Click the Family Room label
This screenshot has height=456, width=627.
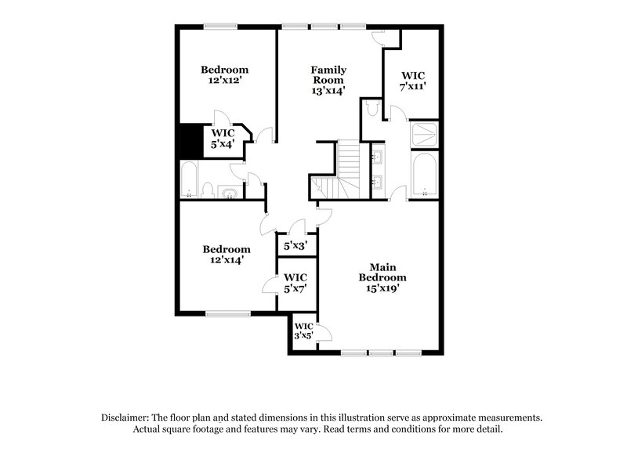tap(328, 74)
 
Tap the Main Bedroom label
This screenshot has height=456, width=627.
tap(382, 271)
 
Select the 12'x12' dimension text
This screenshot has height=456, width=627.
tap(224, 80)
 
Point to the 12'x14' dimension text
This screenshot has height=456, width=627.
tap(225, 260)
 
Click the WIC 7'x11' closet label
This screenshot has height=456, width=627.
tap(413, 81)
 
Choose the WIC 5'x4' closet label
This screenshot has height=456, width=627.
tap(223, 138)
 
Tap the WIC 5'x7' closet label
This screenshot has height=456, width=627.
tap(295, 282)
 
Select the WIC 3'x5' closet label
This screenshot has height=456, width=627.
tap(303, 331)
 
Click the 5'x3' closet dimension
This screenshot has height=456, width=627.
tap(295, 246)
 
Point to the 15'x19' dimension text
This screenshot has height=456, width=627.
tap(382, 288)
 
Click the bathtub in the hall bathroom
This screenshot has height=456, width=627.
tap(190, 180)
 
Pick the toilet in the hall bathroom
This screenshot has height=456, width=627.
tap(208, 189)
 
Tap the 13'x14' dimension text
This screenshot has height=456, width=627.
tap(328, 90)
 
